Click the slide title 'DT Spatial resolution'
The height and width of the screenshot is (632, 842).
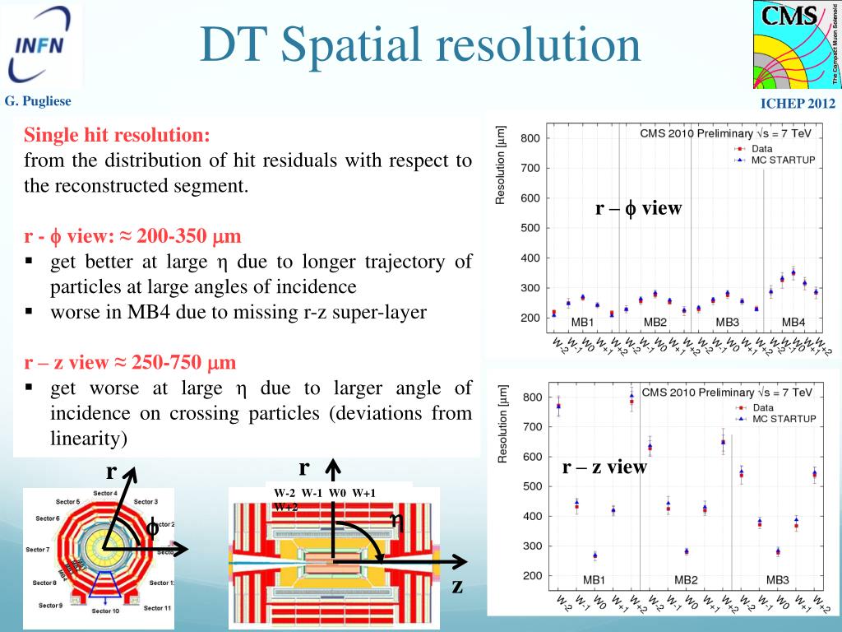coord(420,46)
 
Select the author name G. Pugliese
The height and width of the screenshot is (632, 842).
coord(38,101)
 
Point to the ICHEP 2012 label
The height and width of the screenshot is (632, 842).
coord(797,104)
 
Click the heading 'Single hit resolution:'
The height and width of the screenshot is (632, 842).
coord(117,135)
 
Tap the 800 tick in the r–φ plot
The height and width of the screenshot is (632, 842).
coord(530,138)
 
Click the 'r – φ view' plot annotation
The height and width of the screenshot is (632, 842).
coord(639,208)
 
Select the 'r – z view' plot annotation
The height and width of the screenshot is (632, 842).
coord(604,467)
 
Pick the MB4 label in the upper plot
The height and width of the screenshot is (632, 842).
coord(793,322)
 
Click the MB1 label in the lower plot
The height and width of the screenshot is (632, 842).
coord(594,579)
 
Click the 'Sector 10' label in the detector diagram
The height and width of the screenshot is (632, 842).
coord(105,611)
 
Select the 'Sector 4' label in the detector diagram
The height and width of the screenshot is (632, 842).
coord(104,492)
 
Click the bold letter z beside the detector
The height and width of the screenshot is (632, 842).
coord(457,586)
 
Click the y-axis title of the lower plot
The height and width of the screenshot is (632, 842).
coord(502,423)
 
